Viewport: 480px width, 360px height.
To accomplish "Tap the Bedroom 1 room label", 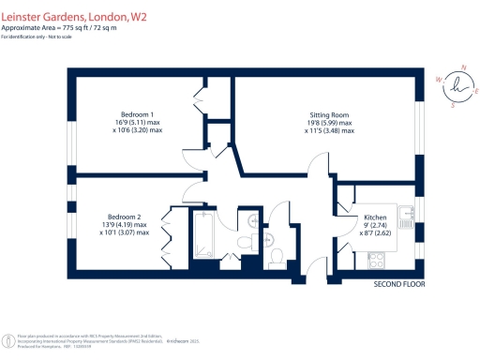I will coord(136,114).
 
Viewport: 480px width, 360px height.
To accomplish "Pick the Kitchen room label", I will coord(375,218).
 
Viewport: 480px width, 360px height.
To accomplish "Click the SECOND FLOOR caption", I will coord(400,283).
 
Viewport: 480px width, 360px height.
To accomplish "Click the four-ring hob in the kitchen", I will coord(409,246).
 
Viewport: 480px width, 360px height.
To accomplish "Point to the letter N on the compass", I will coord(462,67).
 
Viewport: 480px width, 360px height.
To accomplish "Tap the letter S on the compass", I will coord(454,105).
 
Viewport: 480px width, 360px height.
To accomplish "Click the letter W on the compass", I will coord(439,80).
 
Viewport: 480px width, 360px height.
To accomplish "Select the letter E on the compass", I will coord(477,93).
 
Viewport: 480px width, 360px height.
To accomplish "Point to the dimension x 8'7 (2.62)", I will coord(375,234).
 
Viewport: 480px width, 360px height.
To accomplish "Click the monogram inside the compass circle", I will coord(458,85).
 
